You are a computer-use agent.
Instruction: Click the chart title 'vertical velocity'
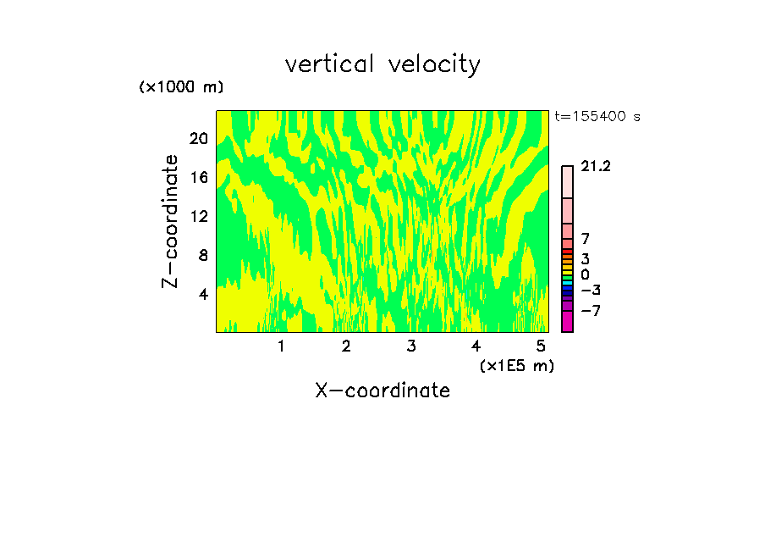382,64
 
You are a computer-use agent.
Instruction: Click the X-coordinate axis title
382,391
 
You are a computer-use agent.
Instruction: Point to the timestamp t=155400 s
597,117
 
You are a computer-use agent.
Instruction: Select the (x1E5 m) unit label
517,365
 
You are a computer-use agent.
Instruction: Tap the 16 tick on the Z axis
199,177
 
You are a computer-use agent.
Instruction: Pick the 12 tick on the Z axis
199,216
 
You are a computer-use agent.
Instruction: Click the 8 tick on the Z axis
203,255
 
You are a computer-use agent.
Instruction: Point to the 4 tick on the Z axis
203,294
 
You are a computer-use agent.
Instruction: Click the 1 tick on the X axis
281,346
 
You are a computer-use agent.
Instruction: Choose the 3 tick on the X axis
411,346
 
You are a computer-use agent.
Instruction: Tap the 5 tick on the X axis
541,346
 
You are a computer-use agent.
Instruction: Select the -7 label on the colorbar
590,311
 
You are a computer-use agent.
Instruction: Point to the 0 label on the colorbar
586,275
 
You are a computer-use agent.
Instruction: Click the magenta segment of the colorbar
567,322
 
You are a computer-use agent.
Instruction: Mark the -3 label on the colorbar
590,291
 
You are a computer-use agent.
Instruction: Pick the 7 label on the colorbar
586,240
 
